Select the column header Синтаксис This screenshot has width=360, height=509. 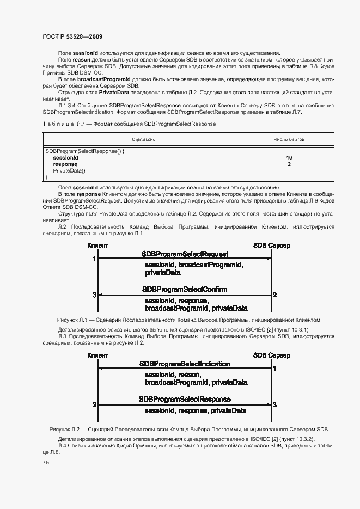(x=143, y=139)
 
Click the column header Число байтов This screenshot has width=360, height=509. (x=289, y=139)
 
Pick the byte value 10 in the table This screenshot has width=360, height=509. (x=289, y=157)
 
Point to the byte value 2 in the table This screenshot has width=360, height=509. (x=289, y=164)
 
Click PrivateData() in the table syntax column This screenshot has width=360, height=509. (x=69, y=170)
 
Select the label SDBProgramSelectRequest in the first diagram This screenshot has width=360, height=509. (x=185, y=254)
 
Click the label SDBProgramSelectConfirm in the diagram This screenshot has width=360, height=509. (x=185, y=289)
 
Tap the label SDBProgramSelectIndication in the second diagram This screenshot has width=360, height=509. (x=185, y=364)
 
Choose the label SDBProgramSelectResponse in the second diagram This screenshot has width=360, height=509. (x=185, y=399)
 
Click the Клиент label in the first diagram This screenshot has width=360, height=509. (x=98, y=246)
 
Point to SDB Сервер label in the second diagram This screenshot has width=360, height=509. (x=272, y=355)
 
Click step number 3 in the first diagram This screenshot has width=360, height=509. (x=94, y=295)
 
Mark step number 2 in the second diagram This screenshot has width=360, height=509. (x=94, y=405)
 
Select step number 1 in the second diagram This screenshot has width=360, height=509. (x=274, y=369)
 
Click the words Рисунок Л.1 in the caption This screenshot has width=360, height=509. (x=72, y=320)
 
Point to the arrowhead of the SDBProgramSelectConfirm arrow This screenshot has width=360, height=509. (x=100, y=295)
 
